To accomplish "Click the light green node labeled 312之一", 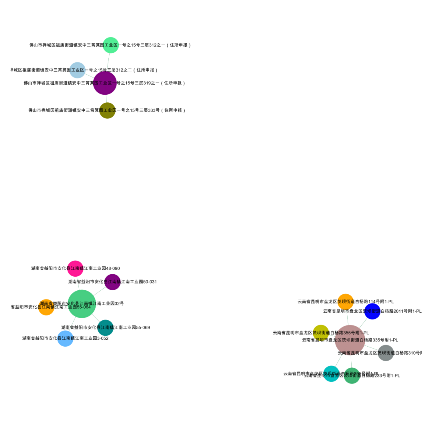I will click(111, 45).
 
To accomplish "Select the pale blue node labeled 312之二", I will click(78, 70).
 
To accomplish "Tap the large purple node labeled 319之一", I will click(105, 83).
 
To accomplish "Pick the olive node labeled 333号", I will click(107, 110).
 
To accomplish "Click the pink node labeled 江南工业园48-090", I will click(75, 268).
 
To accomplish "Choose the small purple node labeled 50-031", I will click(112, 282).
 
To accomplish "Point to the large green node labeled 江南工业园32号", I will click(82, 304).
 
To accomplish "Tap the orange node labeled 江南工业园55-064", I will click(46, 307).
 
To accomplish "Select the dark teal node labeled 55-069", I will click(106, 328).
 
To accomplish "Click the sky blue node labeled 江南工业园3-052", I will click(65, 339).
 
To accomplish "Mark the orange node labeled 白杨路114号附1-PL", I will click(346, 301).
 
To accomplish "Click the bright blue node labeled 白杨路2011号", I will click(372, 311).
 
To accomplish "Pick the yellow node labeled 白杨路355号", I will click(321, 333).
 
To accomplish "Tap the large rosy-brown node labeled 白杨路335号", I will click(350, 340).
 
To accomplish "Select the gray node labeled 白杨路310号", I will click(386, 353).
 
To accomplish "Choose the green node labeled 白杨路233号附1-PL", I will click(352, 375).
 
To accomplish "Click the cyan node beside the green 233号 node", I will click(331, 374).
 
